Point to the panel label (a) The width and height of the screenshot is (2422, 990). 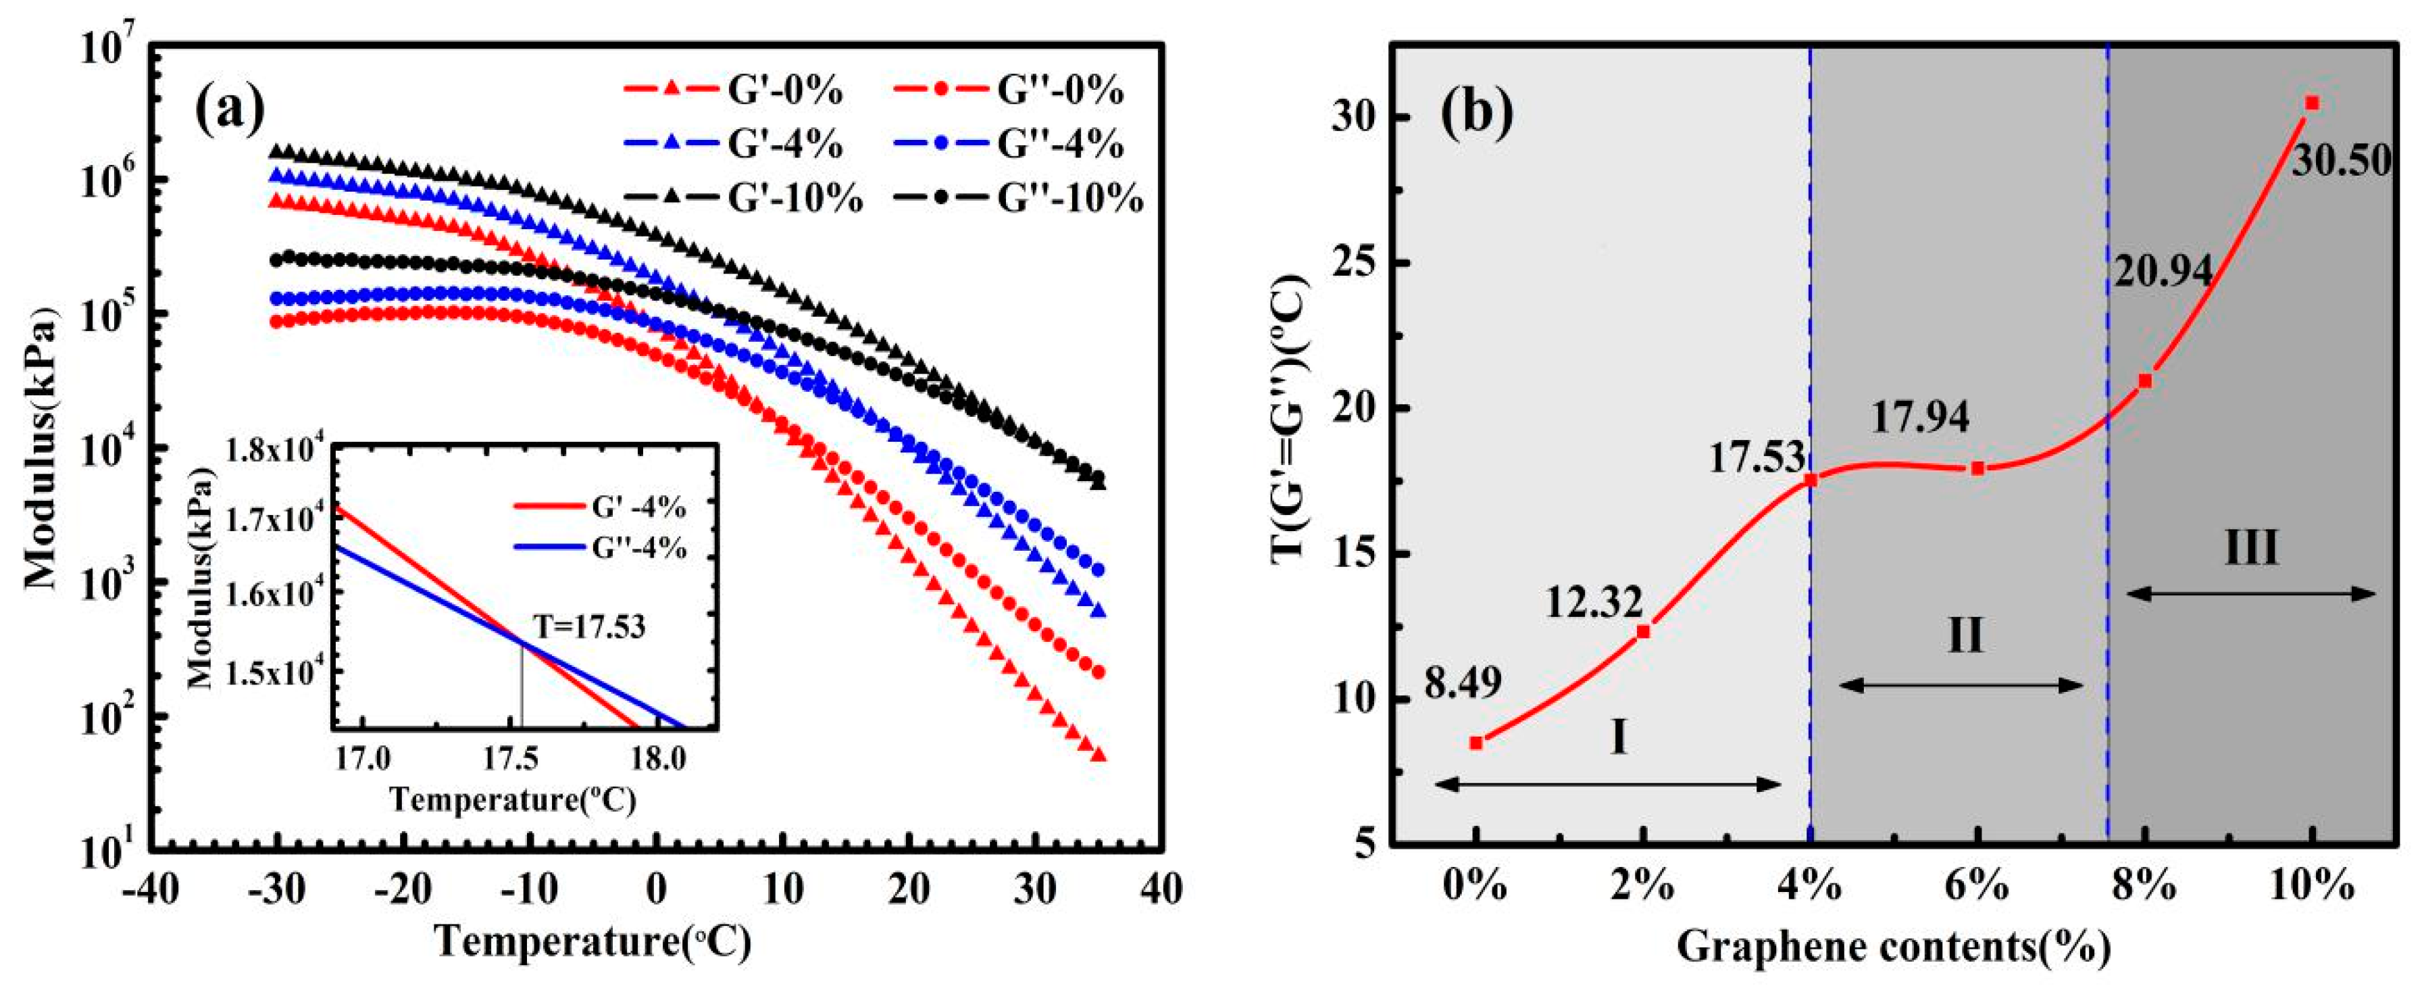tap(230, 110)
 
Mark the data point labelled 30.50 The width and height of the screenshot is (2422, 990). tap(2312, 129)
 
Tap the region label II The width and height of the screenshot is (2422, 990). tap(1964, 637)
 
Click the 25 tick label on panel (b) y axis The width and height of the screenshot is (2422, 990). tap(1352, 264)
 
